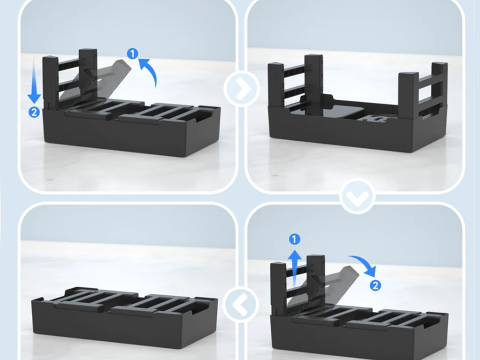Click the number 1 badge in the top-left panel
pyautogui.click(x=133, y=53)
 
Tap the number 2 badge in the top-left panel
pyautogui.click(x=34, y=112)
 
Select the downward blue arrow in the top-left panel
pyautogui.click(x=34, y=81)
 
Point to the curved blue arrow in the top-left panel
pyautogui.click(x=149, y=71)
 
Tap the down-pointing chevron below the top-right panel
pyautogui.click(x=357, y=197)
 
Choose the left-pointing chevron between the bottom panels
pyautogui.click(x=241, y=304)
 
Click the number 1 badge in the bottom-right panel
pyautogui.click(x=294, y=239)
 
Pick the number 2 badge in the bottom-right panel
pyautogui.click(x=375, y=285)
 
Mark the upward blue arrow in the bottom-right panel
pyautogui.click(x=294, y=270)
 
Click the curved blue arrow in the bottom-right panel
pyautogui.click(x=365, y=263)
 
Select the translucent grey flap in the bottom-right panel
pyautogui.click(x=325, y=287)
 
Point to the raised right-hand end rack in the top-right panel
pyautogui.click(x=423, y=88)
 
